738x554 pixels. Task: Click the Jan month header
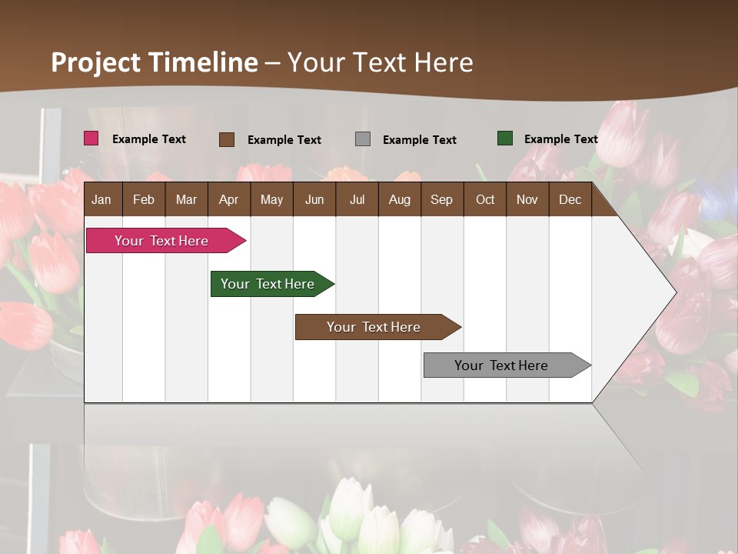tap(101, 200)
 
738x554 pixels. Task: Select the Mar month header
tap(186, 200)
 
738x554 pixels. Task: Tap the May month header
tap(271, 200)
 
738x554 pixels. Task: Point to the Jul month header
tap(357, 200)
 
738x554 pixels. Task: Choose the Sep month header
tap(441, 200)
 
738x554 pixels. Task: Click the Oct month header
tap(485, 200)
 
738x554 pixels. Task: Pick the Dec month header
tap(570, 200)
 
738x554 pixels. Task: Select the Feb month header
tap(144, 200)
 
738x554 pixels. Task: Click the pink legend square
tap(91, 138)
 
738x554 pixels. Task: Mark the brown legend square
tap(226, 139)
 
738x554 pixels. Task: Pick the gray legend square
tap(362, 139)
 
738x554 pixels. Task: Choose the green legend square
tap(504, 138)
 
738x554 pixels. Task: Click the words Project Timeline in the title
tap(155, 62)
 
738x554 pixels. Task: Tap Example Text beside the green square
tap(560, 139)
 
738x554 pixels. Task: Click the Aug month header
tap(399, 200)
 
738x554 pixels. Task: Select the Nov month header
tap(527, 200)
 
